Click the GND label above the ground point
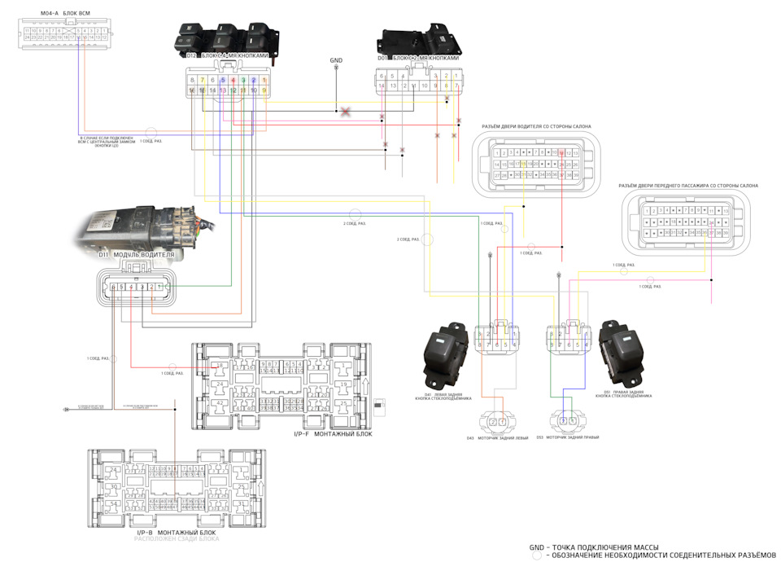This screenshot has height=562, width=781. tap(336, 60)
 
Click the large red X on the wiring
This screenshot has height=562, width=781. tap(346, 111)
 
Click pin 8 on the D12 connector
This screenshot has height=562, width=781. tap(192, 80)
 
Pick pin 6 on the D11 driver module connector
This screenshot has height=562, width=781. tap(113, 288)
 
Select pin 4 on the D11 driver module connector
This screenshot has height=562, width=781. tap(132, 288)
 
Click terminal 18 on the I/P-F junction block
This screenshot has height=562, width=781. tap(220, 365)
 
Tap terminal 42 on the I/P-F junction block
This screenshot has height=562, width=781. tap(220, 403)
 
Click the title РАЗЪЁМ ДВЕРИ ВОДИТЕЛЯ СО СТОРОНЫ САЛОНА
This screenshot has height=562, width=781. tap(536, 126)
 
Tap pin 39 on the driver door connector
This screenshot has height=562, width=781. tap(576, 175)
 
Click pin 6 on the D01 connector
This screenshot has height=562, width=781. tap(382, 76)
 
